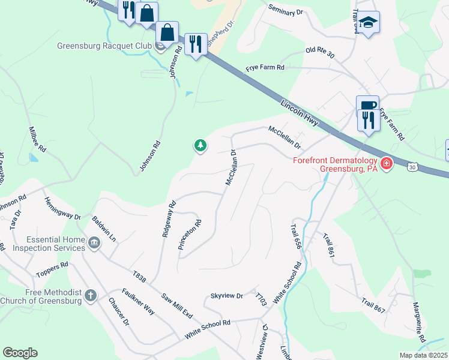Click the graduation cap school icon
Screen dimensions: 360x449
(x=369, y=22)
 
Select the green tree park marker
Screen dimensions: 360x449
(x=200, y=145)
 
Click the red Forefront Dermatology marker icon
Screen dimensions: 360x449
(x=386, y=163)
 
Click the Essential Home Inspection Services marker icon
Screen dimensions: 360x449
(x=94, y=243)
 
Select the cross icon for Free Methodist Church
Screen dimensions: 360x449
(x=90, y=295)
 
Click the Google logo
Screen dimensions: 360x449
(x=20, y=353)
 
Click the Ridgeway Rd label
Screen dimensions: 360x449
(x=169, y=219)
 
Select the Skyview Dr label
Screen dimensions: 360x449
(x=226, y=296)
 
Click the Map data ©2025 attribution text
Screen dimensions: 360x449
(x=423, y=355)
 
